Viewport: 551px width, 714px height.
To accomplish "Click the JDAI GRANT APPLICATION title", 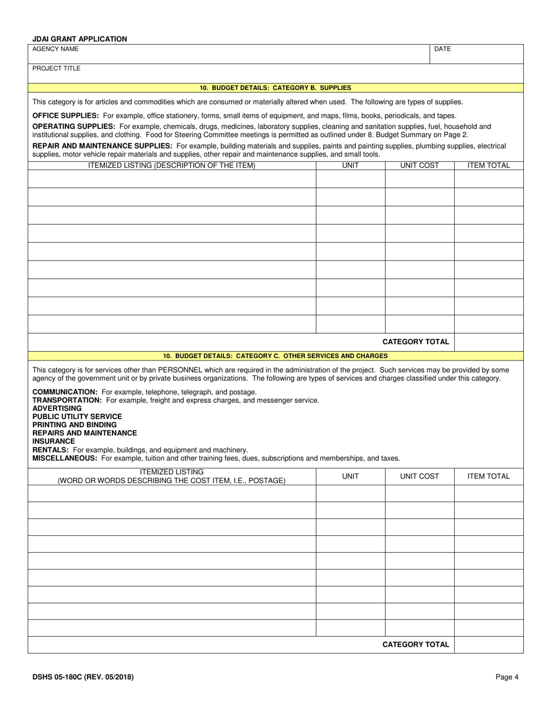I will pos(79,39).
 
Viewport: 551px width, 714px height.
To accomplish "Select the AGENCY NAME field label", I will pos(55,49).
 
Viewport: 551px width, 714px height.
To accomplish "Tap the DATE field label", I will pos(442,49).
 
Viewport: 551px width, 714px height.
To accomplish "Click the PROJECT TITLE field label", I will pos(56,68).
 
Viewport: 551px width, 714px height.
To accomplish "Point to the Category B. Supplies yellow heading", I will pos(275,88).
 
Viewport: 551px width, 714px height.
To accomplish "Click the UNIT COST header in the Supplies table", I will pos(419,165).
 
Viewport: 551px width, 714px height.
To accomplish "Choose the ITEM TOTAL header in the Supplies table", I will pos(488,165).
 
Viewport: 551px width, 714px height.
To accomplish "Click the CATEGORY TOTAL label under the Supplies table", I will pos(415,342).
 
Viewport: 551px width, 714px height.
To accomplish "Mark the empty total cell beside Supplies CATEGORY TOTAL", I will pos(488,342).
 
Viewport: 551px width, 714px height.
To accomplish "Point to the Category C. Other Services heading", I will pos(275,356).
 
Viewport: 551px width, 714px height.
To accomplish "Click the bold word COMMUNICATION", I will pos(64,392).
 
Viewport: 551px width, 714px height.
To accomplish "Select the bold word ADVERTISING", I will pos(57,408).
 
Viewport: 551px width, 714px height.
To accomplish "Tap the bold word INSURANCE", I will pos(53,441).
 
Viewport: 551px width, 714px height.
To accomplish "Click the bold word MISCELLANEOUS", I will pos(64,458).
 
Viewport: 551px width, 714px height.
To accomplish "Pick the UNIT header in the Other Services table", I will pos(350,477).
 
